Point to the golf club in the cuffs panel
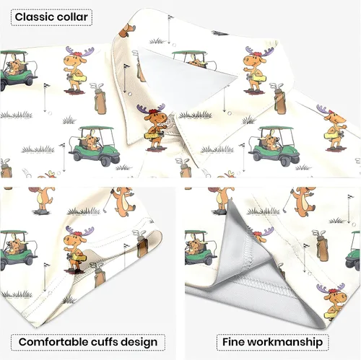point(108,201)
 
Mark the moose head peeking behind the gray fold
point(261,234)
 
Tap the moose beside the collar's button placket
point(154,127)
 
